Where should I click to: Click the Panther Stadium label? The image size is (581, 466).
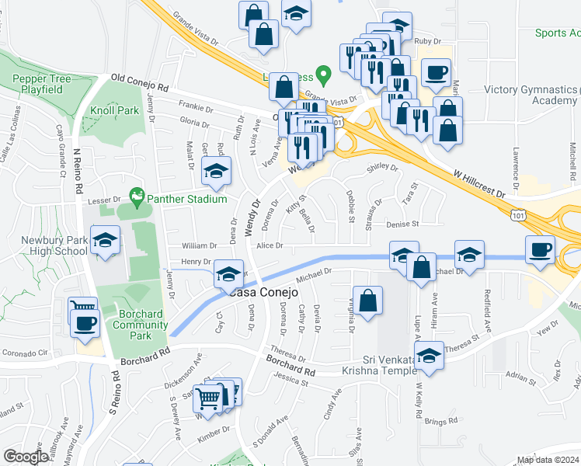coord(189,199)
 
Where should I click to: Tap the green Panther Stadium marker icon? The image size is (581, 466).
coord(137,198)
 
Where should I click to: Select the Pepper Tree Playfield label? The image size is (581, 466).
coord(42,85)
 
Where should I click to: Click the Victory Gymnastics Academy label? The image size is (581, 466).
coord(531,95)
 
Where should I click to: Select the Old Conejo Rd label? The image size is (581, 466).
coord(140,80)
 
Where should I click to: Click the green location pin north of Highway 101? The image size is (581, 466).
coord(326,76)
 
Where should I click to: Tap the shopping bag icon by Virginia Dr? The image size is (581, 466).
coord(367,301)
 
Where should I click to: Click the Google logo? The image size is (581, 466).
coord(26,457)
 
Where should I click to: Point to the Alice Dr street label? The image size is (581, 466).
coord(270,245)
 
